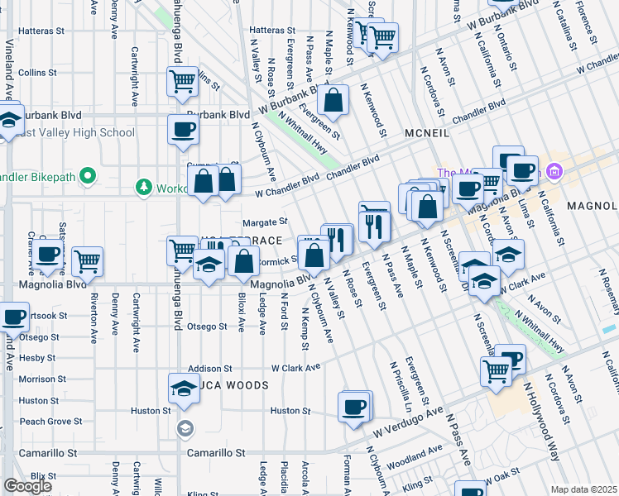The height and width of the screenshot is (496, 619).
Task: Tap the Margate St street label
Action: point(264,222)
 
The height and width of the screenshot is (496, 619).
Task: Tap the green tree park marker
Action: point(146,188)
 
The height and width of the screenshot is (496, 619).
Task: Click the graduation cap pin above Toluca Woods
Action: point(183,388)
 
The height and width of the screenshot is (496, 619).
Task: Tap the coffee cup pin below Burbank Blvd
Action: point(183,129)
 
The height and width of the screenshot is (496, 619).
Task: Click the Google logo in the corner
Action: point(27,486)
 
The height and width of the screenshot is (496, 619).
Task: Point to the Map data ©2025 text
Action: point(584,489)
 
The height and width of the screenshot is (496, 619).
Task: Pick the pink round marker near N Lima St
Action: point(554,173)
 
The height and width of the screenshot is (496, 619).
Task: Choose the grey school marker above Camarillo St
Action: point(184,428)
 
